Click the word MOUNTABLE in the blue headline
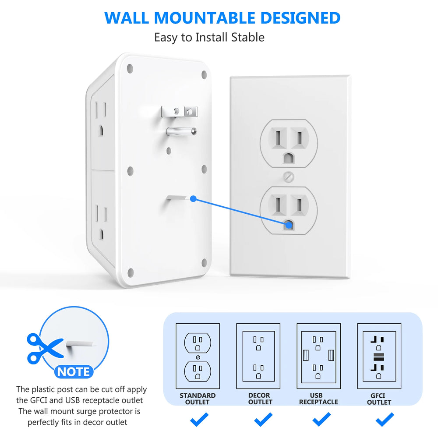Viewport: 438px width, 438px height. tap(205, 18)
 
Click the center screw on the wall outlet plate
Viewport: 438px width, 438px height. tap(288, 177)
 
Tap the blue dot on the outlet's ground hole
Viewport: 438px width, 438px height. tap(289, 225)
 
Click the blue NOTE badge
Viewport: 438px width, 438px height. tap(74, 372)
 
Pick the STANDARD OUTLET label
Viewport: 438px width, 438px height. tap(198, 399)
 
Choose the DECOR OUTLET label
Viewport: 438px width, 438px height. tap(259, 399)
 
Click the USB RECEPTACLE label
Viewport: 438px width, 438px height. tap(318, 399)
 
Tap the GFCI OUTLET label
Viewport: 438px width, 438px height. tap(379, 399)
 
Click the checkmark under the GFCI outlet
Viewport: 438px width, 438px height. tap(385, 420)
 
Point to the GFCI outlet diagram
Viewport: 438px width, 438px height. tap(379, 356)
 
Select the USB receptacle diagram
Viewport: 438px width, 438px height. tap(318, 356)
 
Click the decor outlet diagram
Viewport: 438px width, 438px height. tap(258, 356)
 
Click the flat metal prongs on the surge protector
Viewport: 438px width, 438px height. tap(180, 112)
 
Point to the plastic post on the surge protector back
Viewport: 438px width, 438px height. tap(180, 198)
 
